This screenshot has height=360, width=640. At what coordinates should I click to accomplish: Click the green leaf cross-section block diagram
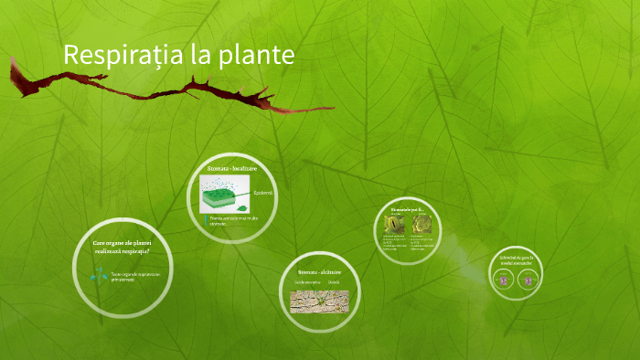click(224, 196)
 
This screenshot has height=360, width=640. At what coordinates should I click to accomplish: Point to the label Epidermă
click(263, 193)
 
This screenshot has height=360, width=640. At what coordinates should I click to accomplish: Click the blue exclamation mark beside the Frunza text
click(205, 219)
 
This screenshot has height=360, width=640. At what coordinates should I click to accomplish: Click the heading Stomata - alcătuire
click(319, 272)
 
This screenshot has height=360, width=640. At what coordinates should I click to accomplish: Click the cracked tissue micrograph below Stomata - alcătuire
click(319, 300)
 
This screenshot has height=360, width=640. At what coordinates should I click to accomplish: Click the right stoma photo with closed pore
click(421, 224)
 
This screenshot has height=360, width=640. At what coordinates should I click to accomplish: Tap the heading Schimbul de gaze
click(516, 260)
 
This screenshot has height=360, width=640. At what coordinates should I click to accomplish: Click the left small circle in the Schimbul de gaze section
click(503, 281)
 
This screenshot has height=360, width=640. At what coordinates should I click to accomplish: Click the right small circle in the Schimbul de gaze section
click(527, 281)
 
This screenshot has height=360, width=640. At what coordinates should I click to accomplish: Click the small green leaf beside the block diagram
click(248, 179)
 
